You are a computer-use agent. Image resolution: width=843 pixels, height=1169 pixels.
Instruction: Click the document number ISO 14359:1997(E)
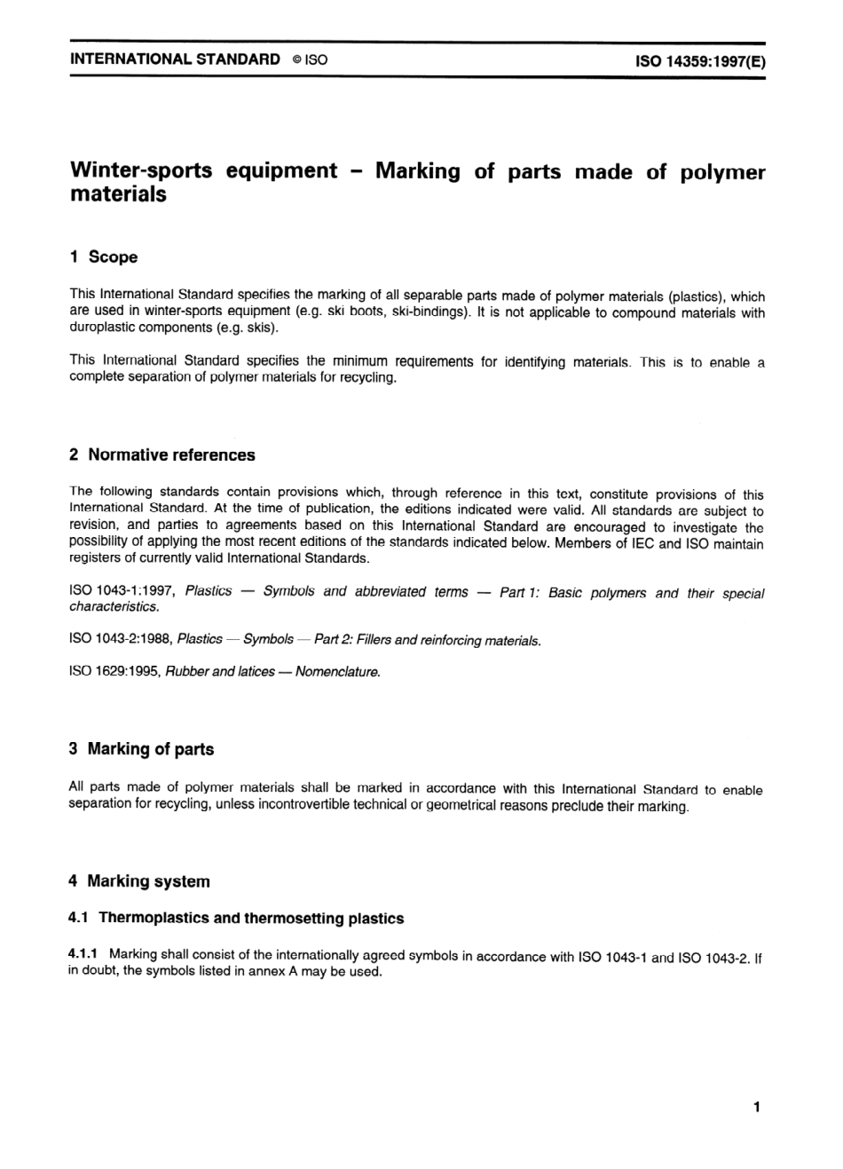(x=700, y=61)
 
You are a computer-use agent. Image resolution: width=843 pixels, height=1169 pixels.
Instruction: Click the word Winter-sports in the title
(x=142, y=170)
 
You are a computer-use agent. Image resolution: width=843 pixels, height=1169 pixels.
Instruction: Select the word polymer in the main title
(x=721, y=172)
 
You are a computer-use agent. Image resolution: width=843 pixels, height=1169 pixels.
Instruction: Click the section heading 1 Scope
(x=104, y=257)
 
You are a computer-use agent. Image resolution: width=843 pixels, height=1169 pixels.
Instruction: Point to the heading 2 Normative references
(x=162, y=455)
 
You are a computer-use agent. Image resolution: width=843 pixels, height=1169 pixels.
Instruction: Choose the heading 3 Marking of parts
(x=141, y=749)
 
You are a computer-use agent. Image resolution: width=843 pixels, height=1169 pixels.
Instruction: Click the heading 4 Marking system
(x=139, y=881)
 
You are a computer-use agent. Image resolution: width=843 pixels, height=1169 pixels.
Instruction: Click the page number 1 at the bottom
(x=756, y=1107)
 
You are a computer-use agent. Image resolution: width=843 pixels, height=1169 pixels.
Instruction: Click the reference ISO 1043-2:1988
(x=121, y=639)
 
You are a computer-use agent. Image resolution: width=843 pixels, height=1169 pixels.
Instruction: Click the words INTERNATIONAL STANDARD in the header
(x=175, y=60)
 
